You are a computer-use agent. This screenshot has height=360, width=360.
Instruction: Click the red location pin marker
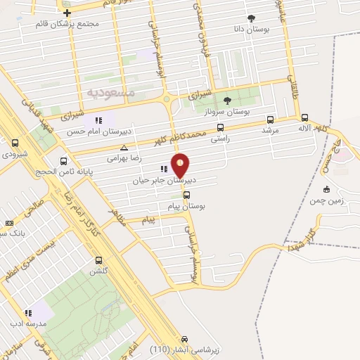(181, 166)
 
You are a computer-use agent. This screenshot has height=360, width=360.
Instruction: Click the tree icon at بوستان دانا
(252, 19)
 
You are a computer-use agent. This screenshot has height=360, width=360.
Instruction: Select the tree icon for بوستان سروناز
(226, 101)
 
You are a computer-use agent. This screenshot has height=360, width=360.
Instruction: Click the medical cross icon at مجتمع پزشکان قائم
(67, 13)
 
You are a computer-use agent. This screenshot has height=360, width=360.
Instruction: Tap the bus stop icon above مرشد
(271, 119)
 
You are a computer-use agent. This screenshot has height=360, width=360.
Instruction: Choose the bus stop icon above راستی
(220, 128)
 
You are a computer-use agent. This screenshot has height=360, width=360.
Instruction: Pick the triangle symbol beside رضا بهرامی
(124, 148)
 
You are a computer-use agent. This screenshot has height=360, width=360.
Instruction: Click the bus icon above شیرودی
(15, 143)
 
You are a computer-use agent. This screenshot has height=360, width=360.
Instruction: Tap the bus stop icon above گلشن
(97, 260)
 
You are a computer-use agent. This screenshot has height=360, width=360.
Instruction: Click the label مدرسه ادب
(28, 323)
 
